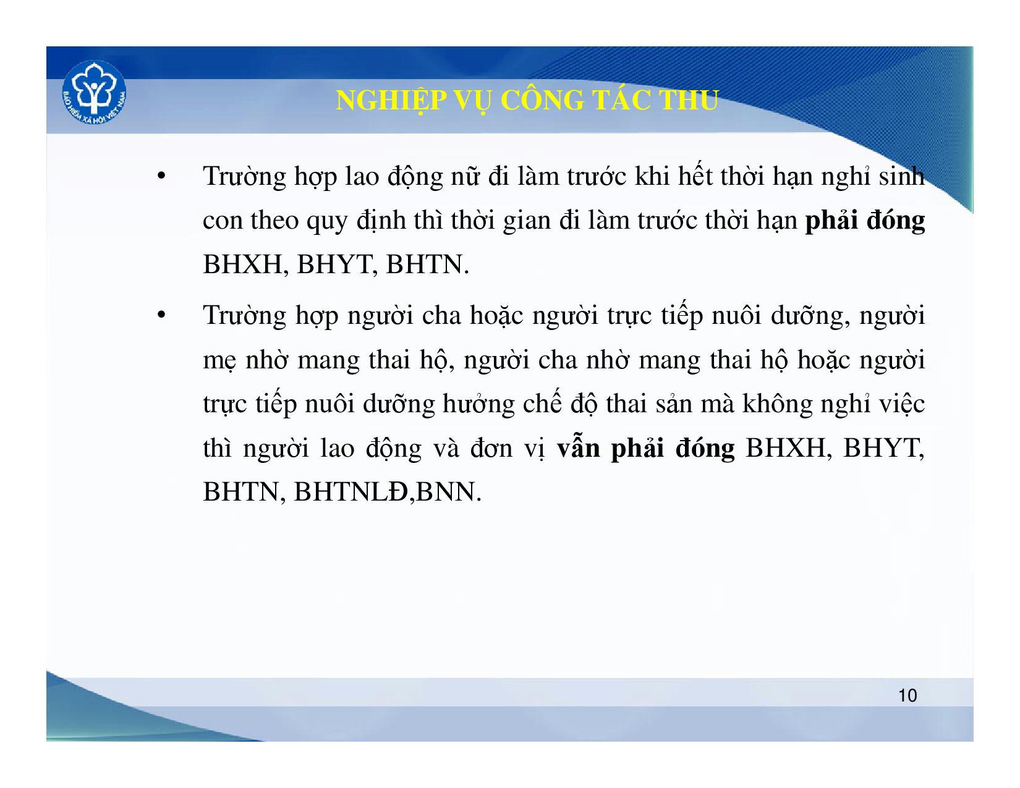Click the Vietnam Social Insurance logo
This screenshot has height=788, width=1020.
[x=94, y=93]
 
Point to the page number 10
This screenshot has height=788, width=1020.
[x=907, y=695]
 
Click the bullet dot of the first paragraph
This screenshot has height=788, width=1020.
[x=161, y=177]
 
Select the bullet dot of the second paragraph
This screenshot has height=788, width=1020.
[x=161, y=315]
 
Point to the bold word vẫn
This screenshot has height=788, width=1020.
[x=578, y=447]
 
